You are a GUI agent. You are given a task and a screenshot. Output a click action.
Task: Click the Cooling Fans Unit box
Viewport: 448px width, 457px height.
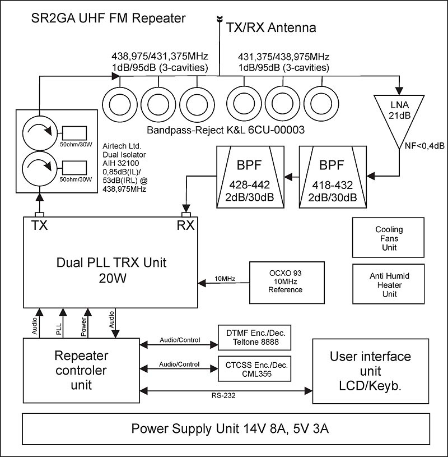click(x=389, y=238)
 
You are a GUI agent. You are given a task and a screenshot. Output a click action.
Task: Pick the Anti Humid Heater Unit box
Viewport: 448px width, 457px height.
click(x=389, y=285)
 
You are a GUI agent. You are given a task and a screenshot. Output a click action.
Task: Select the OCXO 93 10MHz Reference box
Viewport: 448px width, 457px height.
click(x=285, y=281)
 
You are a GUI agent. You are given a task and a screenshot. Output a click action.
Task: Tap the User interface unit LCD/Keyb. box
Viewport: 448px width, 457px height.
click(x=370, y=371)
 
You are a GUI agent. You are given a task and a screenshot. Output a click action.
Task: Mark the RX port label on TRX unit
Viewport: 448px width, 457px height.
click(x=186, y=226)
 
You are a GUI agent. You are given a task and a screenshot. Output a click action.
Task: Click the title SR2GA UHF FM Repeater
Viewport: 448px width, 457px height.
click(x=109, y=19)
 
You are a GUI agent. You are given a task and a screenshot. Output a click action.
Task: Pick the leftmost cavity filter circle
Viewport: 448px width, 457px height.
click(x=119, y=104)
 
